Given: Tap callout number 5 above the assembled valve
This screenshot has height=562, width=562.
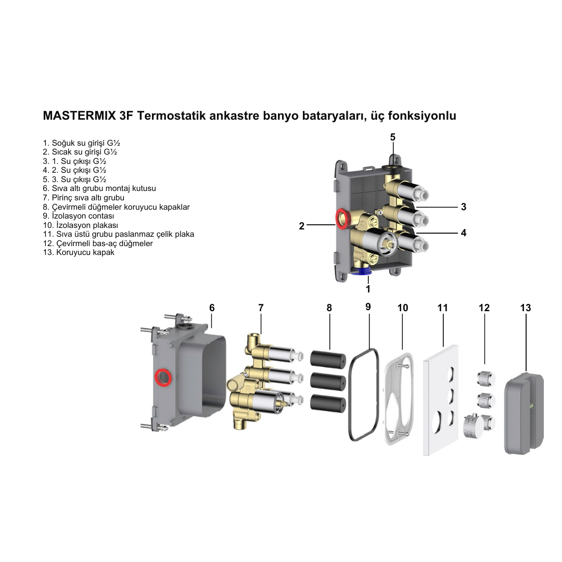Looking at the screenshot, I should coord(393,137).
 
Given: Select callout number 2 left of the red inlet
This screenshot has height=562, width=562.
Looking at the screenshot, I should coord(301,226).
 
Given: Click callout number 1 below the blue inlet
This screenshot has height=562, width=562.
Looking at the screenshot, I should coord(368,289).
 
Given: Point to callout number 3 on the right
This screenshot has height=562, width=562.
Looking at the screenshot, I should coord(463,207).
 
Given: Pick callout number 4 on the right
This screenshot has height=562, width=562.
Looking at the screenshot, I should coord(463,233).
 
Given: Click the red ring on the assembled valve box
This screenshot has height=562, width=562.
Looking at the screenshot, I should coord(342,219).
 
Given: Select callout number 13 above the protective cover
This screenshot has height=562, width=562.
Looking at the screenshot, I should coord(526,308).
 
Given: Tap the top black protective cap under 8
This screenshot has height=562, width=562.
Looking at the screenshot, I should coord(328,359).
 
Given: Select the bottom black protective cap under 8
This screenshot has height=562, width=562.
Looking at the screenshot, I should coord(328,403).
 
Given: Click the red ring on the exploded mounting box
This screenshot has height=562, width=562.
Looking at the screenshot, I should coord(163,377).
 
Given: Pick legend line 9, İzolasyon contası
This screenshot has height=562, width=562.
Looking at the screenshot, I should coord(79,216).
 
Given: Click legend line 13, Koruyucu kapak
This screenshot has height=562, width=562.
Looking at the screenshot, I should coord(79,252).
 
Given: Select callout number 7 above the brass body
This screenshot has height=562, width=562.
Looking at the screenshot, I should coord(261,308).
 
